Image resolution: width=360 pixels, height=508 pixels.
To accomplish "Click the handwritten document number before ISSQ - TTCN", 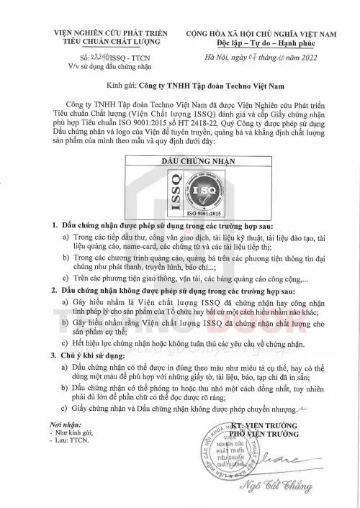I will [89, 57].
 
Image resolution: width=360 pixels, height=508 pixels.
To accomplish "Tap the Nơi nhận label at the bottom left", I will [56, 425].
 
